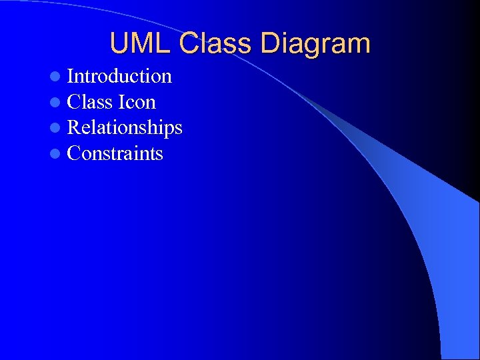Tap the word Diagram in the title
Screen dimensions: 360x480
pos(315,44)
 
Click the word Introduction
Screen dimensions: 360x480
pos(119,77)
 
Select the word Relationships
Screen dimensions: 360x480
pos(125,127)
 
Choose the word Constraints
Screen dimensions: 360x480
pos(115,153)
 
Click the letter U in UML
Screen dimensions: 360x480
pos(120,44)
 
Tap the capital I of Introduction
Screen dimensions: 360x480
pos(71,77)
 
